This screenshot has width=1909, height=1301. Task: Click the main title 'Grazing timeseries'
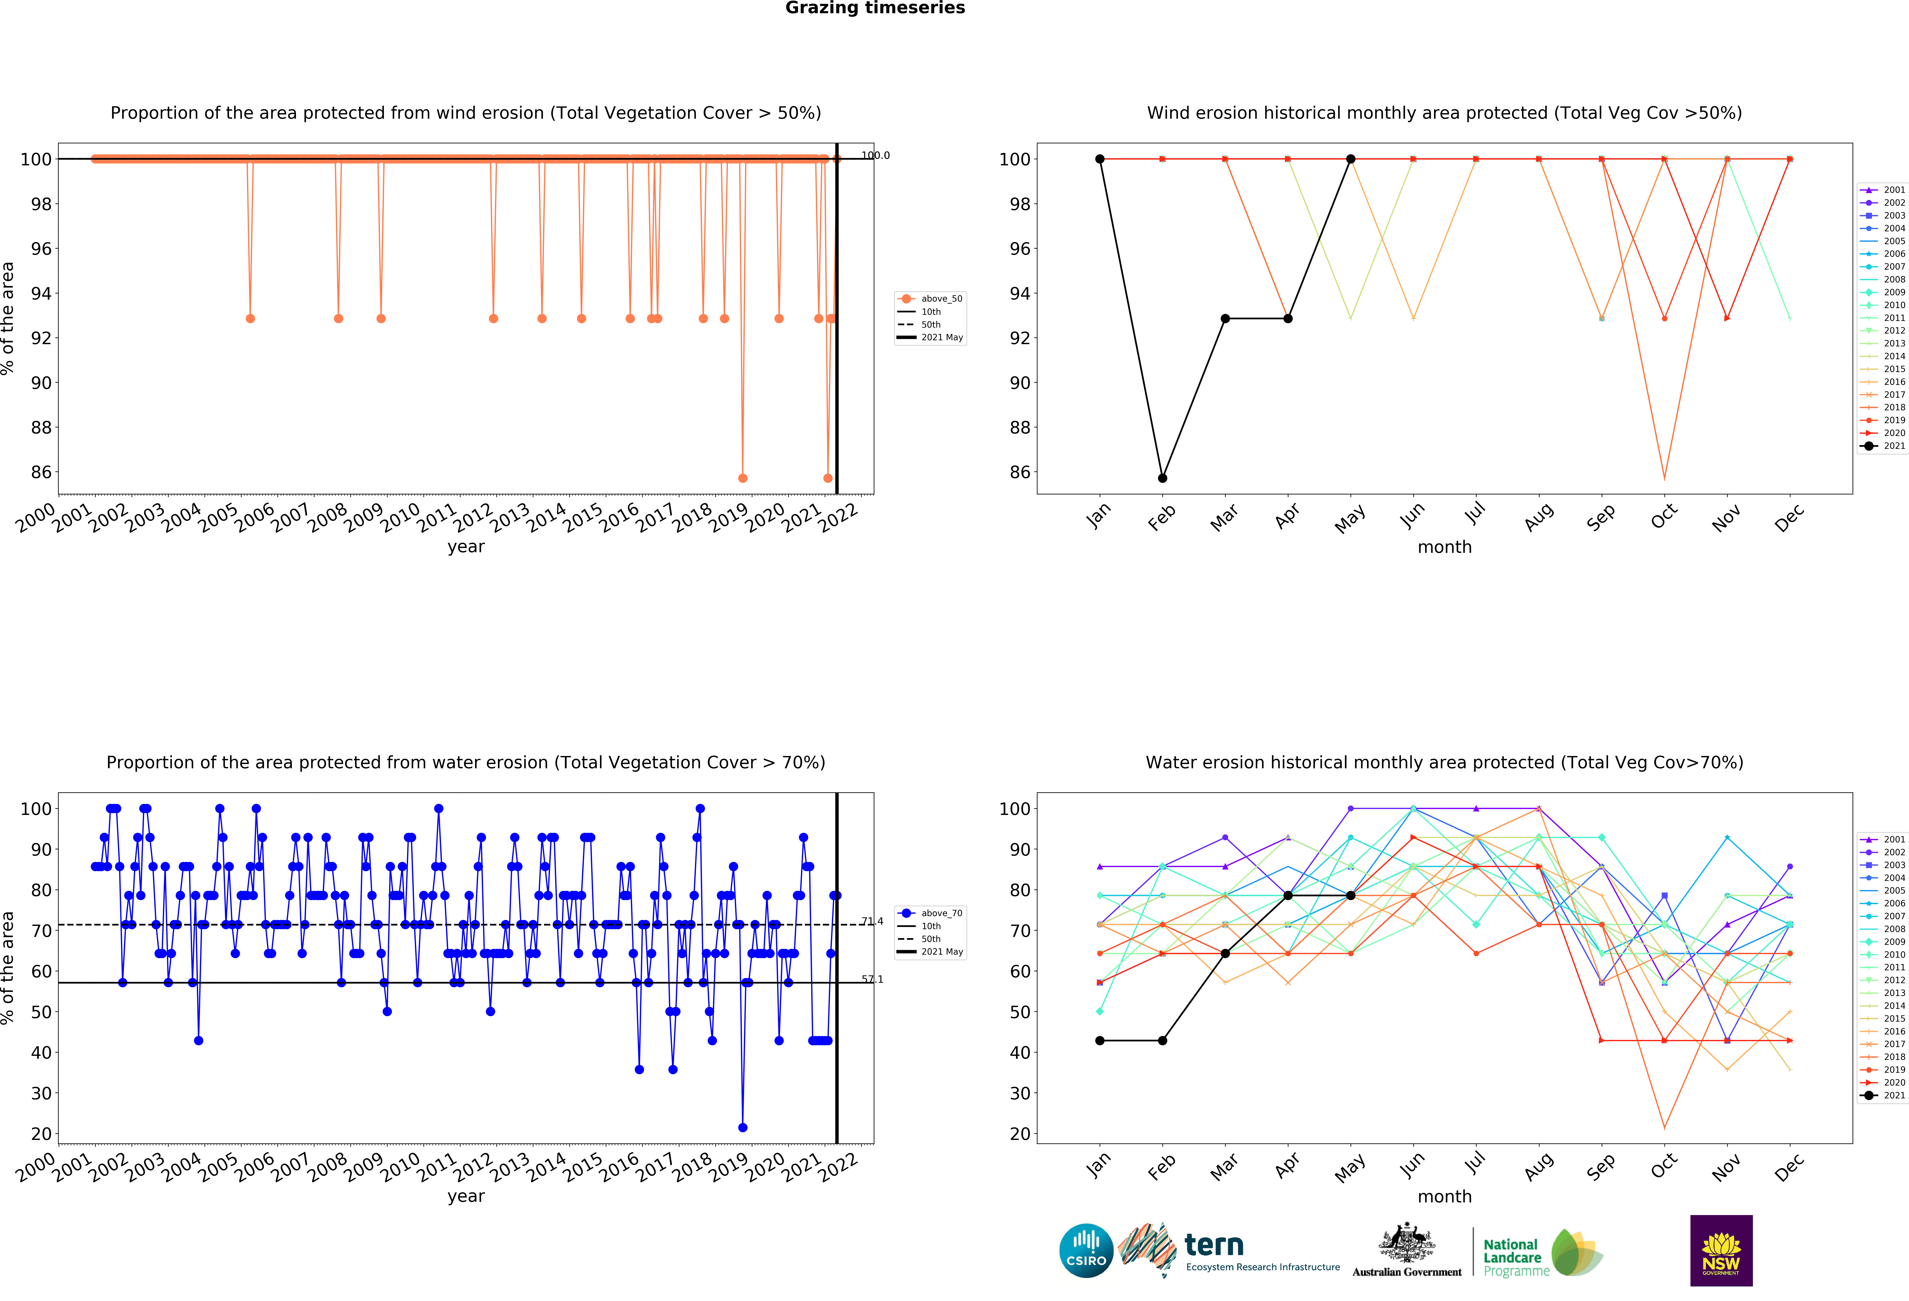point(875,8)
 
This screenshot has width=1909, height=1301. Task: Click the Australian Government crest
point(1407,1244)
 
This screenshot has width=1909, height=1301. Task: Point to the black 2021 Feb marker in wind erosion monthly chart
point(1162,478)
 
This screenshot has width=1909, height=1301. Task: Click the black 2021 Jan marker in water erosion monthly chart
point(1100,1041)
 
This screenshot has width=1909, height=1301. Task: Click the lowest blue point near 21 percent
point(743,1128)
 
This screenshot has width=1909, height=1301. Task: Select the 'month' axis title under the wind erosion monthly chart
point(1444,547)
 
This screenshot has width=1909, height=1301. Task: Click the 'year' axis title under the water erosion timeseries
point(466,1196)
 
